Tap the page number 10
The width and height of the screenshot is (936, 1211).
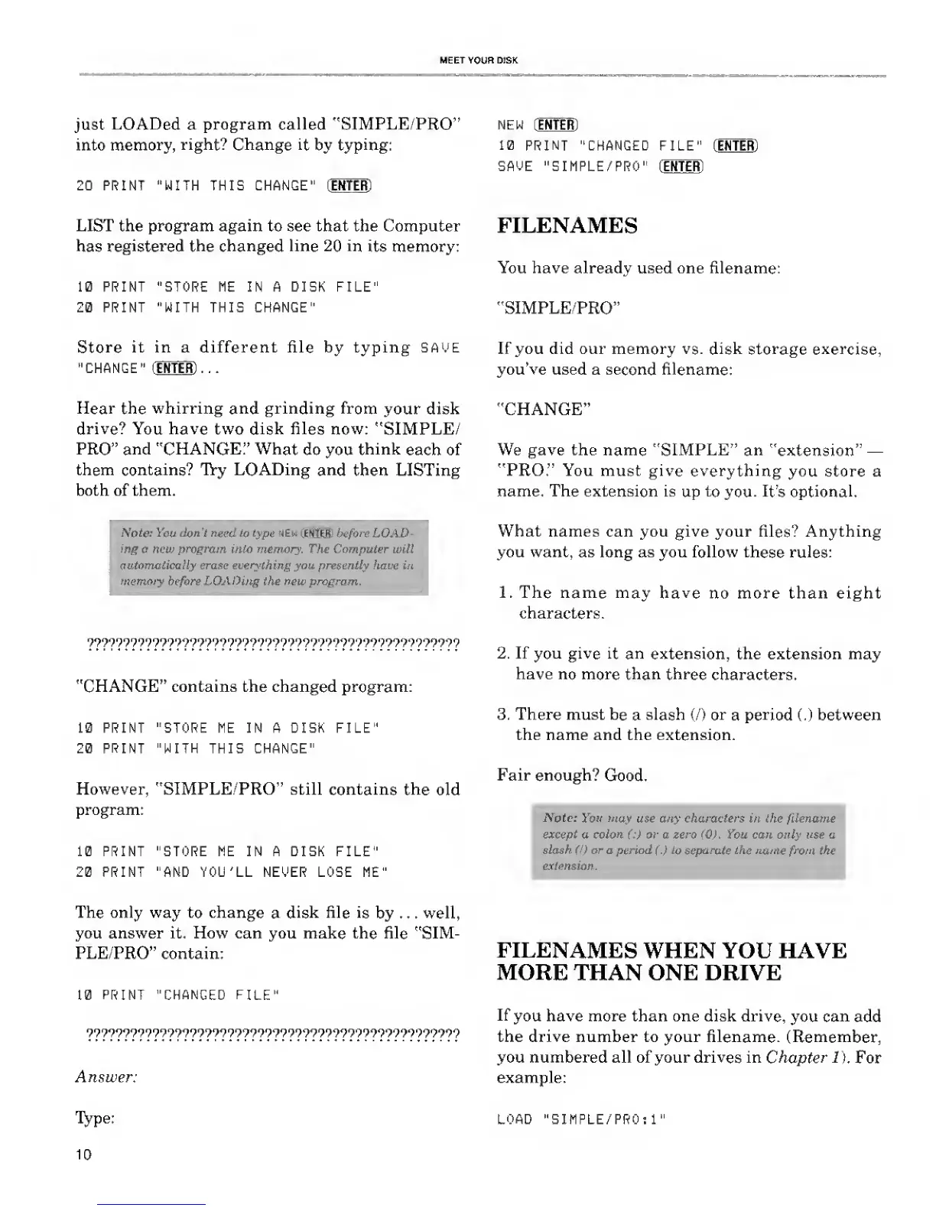83,1154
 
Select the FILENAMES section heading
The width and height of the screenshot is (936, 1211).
567,226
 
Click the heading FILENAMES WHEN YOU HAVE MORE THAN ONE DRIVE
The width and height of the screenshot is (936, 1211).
671,962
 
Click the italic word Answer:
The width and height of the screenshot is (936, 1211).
106,1076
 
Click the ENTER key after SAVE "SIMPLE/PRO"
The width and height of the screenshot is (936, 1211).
682,167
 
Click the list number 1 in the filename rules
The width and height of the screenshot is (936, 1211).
504,593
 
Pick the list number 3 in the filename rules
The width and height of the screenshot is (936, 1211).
503,714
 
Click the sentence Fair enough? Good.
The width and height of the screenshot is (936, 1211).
572,775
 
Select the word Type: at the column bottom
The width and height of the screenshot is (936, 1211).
95,1118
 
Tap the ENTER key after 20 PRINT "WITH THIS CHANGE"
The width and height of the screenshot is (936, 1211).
349,186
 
